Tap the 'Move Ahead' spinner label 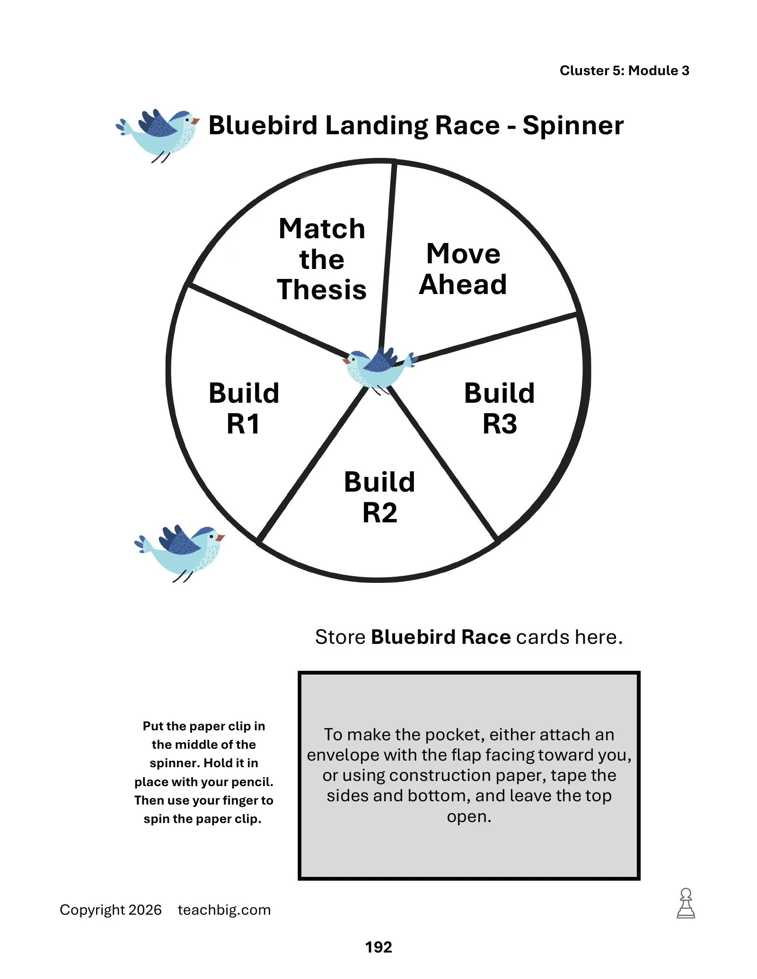pos(463,269)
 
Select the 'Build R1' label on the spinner pos(244,408)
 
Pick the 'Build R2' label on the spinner pos(379,497)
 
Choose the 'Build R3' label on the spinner pos(500,408)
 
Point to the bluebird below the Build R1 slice pos(180,554)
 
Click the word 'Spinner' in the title pos(573,126)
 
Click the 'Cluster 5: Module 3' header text pos(625,70)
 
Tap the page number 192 pos(378,947)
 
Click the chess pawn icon pos(686,903)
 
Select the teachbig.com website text pos(224,910)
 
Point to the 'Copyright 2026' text pos(111,910)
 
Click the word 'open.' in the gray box pos(469,817)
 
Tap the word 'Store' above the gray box pos(340,637)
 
